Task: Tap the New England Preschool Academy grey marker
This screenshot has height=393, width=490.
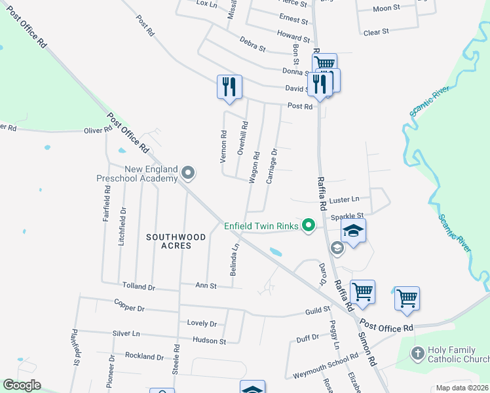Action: [x=188, y=173]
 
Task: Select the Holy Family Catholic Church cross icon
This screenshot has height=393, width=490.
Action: [x=417, y=354]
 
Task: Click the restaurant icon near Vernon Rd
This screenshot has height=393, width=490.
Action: [x=229, y=86]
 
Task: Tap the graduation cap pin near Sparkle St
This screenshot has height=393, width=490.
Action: [x=353, y=231]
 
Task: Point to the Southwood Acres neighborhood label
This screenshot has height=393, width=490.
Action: [x=176, y=241]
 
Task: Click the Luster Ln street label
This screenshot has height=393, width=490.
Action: [x=345, y=199]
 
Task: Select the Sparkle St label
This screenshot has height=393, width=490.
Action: [x=347, y=215]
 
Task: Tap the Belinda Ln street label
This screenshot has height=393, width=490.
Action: [x=233, y=260]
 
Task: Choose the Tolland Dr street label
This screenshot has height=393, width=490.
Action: [x=138, y=286]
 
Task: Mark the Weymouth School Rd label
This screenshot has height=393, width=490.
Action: [x=326, y=356]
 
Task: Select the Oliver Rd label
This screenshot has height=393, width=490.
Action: [x=98, y=130]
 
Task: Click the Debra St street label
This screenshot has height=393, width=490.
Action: [x=252, y=48]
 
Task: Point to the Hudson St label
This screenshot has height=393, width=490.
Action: [x=209, y=341]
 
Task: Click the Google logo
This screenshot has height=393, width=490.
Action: [x=22, y=385]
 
